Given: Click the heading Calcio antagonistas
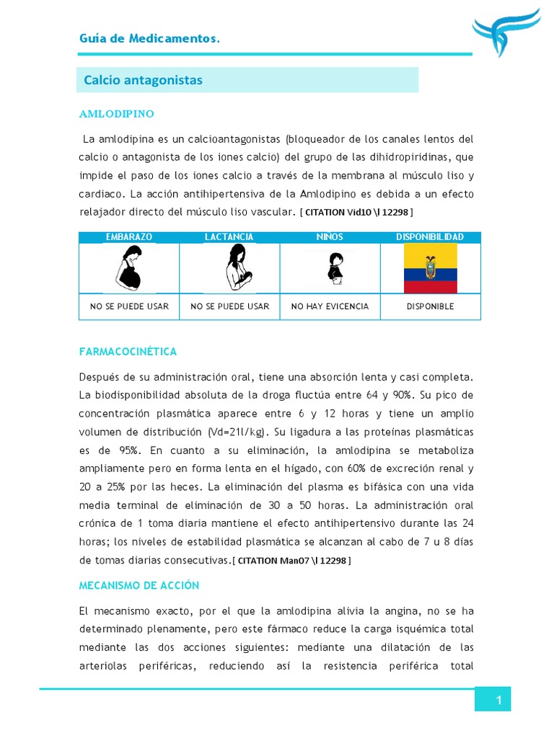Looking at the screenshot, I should (x=143, y=80).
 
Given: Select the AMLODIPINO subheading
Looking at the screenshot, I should (x=116, y=114).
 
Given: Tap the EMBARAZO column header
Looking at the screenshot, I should (x=129, y=237).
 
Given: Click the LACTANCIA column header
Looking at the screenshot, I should (x=229, y=237).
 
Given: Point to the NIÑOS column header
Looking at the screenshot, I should (x=330, y=237).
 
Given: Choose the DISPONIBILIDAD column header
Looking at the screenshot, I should (x=430, y=237).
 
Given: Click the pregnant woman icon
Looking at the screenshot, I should (x=129, y=267).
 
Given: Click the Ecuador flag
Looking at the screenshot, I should (x=430, y=268).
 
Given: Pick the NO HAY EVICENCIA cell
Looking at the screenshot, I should (x=330, y=306).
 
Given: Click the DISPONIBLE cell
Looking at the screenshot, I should (x=430, y=306).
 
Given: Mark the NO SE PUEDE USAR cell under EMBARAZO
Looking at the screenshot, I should (x=129, y=306).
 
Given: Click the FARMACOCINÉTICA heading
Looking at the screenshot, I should (x=128, y=352).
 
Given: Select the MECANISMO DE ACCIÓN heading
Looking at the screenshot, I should (x=138, y=585).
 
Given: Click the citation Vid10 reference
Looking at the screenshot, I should (x=357, y=213).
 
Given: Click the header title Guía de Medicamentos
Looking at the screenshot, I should (x=149, y=38).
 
